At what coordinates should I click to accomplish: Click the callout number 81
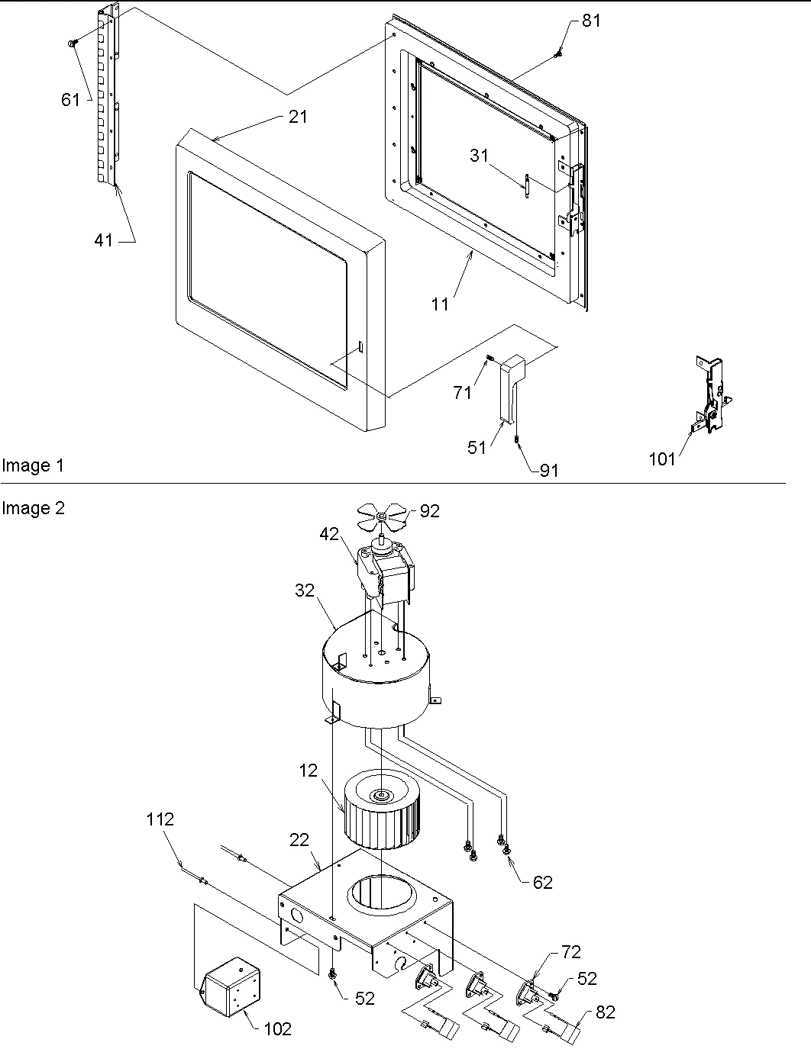591,21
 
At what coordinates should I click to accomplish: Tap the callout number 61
70,100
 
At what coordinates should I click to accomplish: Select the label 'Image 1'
33,465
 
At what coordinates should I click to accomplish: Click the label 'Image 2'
33,508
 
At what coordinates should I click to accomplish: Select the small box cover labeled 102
229,989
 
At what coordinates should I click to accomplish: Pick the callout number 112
160,819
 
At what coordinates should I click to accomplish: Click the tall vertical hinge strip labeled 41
108,99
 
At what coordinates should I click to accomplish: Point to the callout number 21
298,117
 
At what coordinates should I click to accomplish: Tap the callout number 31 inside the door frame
478,155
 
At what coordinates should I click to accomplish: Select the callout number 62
541,882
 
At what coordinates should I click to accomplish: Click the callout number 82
605,1012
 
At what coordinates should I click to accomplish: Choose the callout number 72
570,951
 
